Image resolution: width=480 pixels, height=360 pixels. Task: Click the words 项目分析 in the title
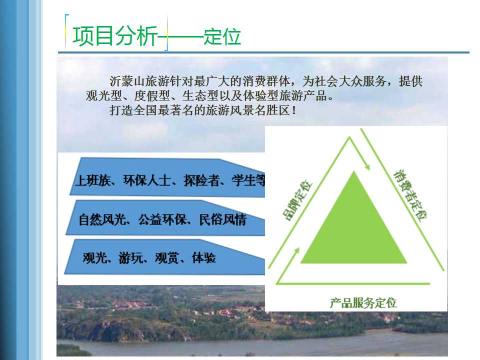(115, 36)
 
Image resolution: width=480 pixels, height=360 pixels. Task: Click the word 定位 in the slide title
(222, 36)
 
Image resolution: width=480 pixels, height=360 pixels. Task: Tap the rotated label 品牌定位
(297, 200)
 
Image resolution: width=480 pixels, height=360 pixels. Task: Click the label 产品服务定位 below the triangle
(363, 303)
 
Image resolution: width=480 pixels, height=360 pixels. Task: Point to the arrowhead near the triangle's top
(366, 166)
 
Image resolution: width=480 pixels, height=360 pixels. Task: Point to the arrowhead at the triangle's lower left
(296, 251)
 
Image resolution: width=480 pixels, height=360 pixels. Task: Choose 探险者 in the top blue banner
(201, 180)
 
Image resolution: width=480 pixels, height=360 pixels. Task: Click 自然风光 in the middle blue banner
(102, 219)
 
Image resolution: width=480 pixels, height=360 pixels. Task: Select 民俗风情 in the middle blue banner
(223, 219)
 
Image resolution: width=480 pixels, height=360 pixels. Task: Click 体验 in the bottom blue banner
(204, 258)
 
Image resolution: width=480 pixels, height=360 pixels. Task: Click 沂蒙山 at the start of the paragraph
(127, 81)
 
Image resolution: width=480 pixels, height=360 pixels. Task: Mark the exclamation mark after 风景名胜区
(294, 110)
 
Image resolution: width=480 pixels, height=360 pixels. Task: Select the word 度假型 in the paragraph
(152, 96)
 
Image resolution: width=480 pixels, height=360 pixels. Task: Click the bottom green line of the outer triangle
(353, 283)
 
